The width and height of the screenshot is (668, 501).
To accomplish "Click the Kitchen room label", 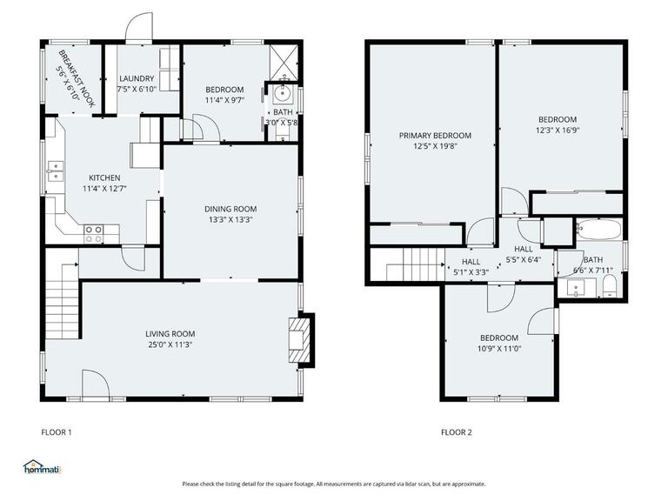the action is pos(104,177).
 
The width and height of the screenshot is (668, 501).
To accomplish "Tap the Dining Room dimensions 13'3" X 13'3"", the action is pos(230,220).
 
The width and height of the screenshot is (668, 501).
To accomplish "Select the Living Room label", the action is pos(170,334).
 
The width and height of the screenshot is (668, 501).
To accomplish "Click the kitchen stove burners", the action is pos(94,234).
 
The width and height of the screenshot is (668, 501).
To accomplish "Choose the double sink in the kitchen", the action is pos(56,170).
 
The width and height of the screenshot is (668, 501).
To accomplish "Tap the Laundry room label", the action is pos(137,78).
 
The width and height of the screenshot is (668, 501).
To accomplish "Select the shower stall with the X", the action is pos(284,63).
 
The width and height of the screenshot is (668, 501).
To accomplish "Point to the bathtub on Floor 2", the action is pos(599,230).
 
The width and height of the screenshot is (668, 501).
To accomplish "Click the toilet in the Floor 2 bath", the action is pos(610,286).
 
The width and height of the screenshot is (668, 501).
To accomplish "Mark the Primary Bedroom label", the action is pos(435,136).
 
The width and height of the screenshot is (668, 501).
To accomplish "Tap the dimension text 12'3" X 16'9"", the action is pos(558,130).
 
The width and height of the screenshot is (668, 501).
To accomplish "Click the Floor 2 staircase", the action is pos(416,264).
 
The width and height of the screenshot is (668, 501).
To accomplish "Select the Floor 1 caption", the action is pos(57,432).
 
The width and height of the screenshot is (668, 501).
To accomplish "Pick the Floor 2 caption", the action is pos(457,432).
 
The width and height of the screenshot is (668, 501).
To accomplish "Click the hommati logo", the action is pos(42,467).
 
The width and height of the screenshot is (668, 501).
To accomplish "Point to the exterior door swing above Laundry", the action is pos(139,26).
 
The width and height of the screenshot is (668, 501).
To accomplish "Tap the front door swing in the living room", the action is pos(96,384).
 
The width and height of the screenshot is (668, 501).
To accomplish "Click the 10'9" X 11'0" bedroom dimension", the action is pos(499,349).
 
